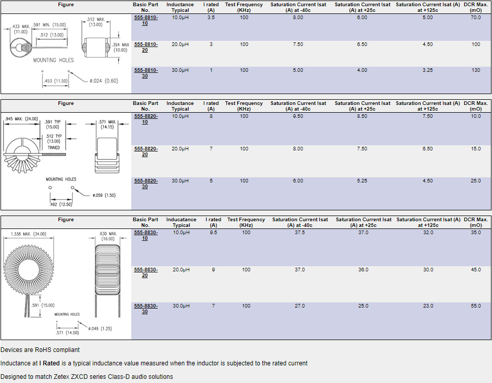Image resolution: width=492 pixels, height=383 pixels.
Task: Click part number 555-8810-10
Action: point(146,20)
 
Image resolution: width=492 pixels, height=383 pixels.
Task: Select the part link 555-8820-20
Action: point(146,151)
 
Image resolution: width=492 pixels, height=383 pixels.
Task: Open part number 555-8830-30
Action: point(146,309)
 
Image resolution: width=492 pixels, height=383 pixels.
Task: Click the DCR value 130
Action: point(475,70)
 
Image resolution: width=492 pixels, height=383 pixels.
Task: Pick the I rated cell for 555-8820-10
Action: point(211,116)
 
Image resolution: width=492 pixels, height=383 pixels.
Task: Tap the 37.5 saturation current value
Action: point(300,233)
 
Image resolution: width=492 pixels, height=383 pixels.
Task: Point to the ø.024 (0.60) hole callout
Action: point(104,81)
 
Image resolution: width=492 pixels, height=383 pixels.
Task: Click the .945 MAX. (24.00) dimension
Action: point(21,119)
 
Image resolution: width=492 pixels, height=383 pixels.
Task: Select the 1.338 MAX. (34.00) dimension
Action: point(28,234)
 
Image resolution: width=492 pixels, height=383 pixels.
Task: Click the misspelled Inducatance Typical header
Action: point(181,222)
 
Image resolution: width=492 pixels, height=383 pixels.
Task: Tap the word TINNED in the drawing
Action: point(54,147)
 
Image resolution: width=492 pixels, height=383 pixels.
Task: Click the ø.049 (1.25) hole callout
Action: point(100,329)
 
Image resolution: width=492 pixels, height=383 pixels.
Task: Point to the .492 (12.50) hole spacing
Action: point(61,204)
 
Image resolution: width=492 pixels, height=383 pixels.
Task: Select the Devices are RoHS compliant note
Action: point(40,350)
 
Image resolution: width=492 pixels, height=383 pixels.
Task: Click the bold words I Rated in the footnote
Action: point(49,363)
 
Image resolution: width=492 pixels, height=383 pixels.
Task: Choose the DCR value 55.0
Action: point(475,306)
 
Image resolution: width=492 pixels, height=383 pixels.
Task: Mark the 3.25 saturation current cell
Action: point(428,70)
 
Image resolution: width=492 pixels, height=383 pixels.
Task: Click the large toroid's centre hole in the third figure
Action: point(28,270)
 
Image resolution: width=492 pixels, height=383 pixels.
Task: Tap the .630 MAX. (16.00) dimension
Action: point(107,236)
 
